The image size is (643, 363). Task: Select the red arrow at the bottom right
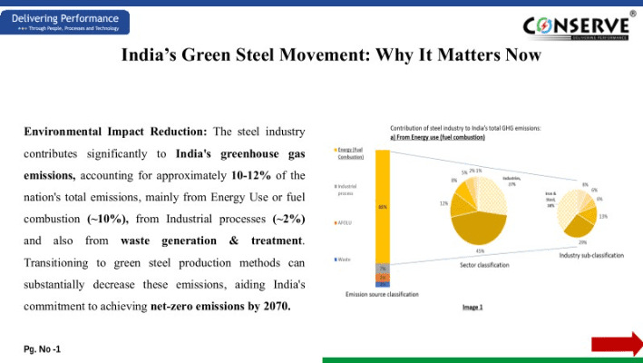[x=617, y=343]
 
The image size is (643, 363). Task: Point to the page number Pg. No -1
[x=43, y=348]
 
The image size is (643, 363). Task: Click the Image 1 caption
[x=473, y=307]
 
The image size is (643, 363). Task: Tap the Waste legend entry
[x=345, y=260]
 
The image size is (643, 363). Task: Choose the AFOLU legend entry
[x=346, y=222]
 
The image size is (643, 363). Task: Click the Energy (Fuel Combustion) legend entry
[x=350, y=152]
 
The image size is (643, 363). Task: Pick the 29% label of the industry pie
[x=582, y=242]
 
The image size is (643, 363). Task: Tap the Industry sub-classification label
[x=591, y=256]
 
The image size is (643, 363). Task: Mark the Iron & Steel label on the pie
[x=550, y=201]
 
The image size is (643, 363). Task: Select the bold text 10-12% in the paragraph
[x=257, y=175]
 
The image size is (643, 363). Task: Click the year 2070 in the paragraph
[x=275, y=306]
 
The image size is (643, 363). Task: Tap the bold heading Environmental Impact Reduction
[x=115, y=132]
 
